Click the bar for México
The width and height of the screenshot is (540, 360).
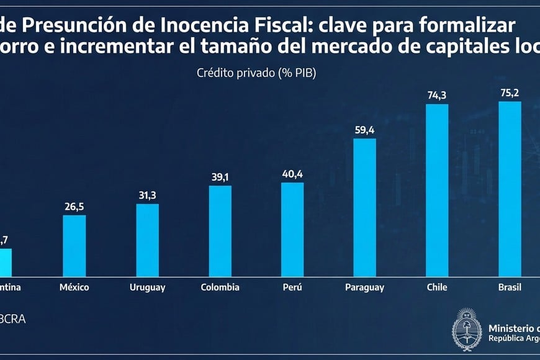pos(74,245)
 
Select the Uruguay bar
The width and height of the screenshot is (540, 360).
pos(147,240)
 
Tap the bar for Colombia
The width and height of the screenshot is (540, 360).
pos(220,230)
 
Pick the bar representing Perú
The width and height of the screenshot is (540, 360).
pos(292,229)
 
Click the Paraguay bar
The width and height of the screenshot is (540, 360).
pos(364,207)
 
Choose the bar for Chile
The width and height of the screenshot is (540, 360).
pos(437,190)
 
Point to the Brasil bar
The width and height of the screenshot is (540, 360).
pos(510,189)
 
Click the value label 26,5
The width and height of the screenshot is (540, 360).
pos(74,206)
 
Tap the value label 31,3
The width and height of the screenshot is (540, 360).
pos(147,195)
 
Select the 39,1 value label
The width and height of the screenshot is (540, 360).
pos(220,176)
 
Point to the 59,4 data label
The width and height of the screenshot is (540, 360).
pos(364,129)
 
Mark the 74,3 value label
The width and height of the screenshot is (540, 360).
pos(437,94)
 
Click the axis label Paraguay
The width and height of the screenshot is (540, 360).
pos(364,287)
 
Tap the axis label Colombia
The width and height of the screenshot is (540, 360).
pos(220,287)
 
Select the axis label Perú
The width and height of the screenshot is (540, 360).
pos(292,287)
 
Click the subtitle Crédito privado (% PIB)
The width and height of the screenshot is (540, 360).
pos(256,73)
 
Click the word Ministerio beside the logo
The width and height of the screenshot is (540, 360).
pos(513,328)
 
